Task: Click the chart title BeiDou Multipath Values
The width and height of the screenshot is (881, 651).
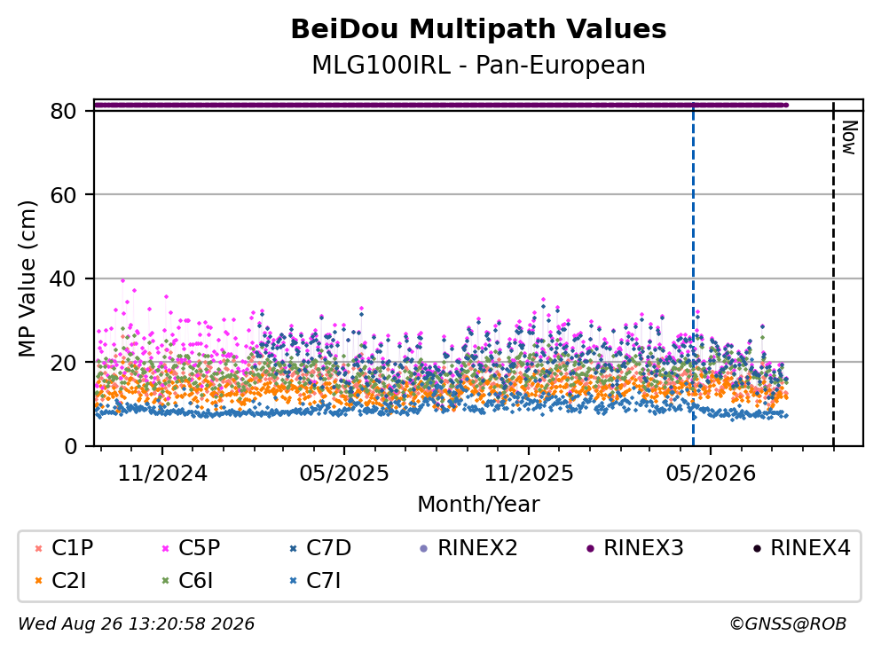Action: (x=478, y=29)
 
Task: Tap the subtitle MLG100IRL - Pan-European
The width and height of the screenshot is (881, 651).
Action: (x=478, y=65)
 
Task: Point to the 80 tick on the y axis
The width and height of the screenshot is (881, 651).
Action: (x=63, y=111)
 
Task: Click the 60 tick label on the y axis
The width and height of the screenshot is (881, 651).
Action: (x=63, y=195)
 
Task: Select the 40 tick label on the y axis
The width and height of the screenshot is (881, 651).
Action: (x=63, y=278)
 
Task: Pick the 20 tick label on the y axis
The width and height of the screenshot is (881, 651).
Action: (x=63, y=362)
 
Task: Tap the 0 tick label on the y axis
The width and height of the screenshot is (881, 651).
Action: (x=70, y=446)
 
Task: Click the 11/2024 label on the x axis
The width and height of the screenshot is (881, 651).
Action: (x=162, y=474)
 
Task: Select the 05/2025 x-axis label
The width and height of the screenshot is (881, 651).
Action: (x=344, y=474)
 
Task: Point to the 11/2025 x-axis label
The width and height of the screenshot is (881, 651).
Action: (x=529, y=474)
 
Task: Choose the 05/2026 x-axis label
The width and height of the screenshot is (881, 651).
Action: (x=711, y=474)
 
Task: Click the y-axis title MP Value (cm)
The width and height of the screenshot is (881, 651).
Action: (x=27, y=278)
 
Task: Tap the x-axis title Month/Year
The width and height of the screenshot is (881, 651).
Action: (x=478, y=505)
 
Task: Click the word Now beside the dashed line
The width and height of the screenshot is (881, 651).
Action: (x=850, y=137)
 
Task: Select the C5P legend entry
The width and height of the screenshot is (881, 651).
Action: (x=191, y=547)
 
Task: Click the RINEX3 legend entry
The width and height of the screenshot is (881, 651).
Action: (x=635, y=547)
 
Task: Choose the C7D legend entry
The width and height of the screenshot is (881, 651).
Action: (x=320, y=547)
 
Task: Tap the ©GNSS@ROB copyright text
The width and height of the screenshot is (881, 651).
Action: (x=788, y=624)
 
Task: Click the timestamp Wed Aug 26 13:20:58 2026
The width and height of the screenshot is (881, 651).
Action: (x=137, y=624)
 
